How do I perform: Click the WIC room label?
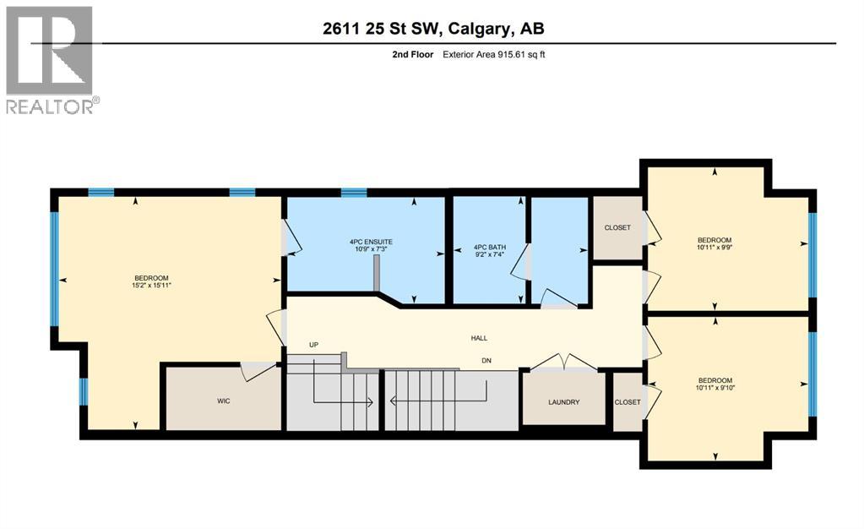point(223,401)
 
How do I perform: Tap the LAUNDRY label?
point(563,402)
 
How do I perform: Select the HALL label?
point(479,338)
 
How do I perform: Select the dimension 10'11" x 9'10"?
point(715,389)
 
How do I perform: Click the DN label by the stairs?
point(486,361)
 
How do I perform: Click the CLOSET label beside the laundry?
point(628,402)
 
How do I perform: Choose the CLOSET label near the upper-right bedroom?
point(617,227)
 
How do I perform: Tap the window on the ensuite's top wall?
point(354,193)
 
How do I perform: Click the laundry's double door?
point(563,363)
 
